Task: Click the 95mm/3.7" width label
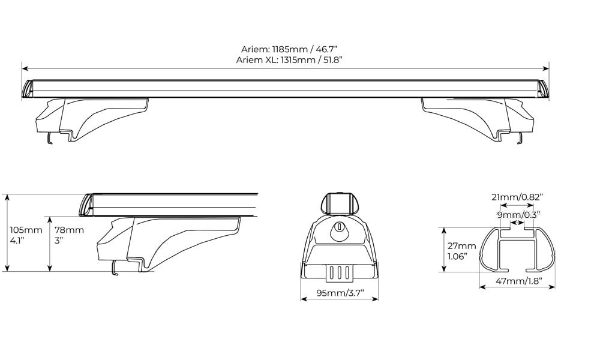coord(339,293)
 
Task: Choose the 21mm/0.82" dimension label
coord(517,197)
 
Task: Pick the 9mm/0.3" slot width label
coord(517,214)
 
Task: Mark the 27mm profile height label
coord(461,245)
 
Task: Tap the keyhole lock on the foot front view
coord(339,228)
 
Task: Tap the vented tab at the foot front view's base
coord(339,272)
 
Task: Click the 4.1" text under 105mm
coord(16,240)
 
